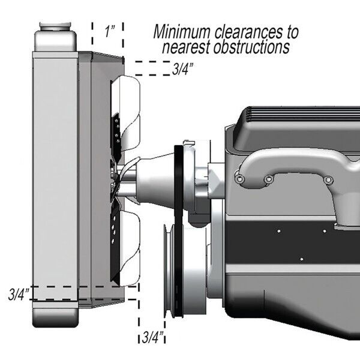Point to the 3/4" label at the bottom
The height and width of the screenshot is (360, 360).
(154, 335)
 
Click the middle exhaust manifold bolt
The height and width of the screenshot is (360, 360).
(269, 179)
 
